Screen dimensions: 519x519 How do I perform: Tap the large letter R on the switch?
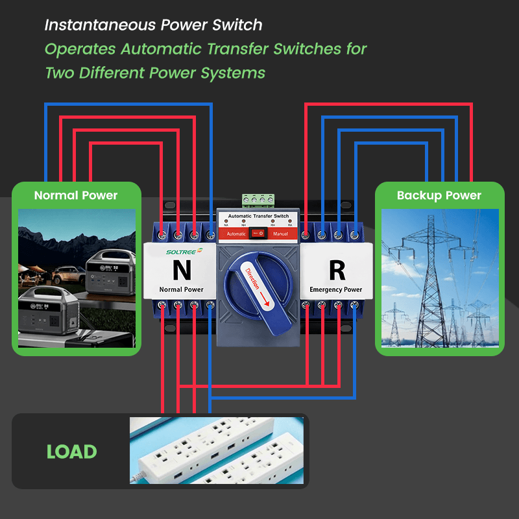point(337,268)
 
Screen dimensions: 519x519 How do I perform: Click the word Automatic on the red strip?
point(236,233)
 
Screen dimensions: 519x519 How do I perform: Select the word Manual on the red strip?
point(280,233)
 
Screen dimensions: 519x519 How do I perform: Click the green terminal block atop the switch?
point(258,200)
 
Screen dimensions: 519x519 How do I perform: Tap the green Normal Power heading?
point(76,195)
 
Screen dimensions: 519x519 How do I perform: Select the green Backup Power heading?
point(439,195)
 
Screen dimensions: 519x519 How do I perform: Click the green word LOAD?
point(71,452)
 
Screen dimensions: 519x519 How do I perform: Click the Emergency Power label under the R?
point(336,289)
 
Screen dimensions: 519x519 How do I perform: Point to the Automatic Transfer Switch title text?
point(259,216)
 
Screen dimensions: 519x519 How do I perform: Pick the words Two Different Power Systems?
point(155,72)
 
